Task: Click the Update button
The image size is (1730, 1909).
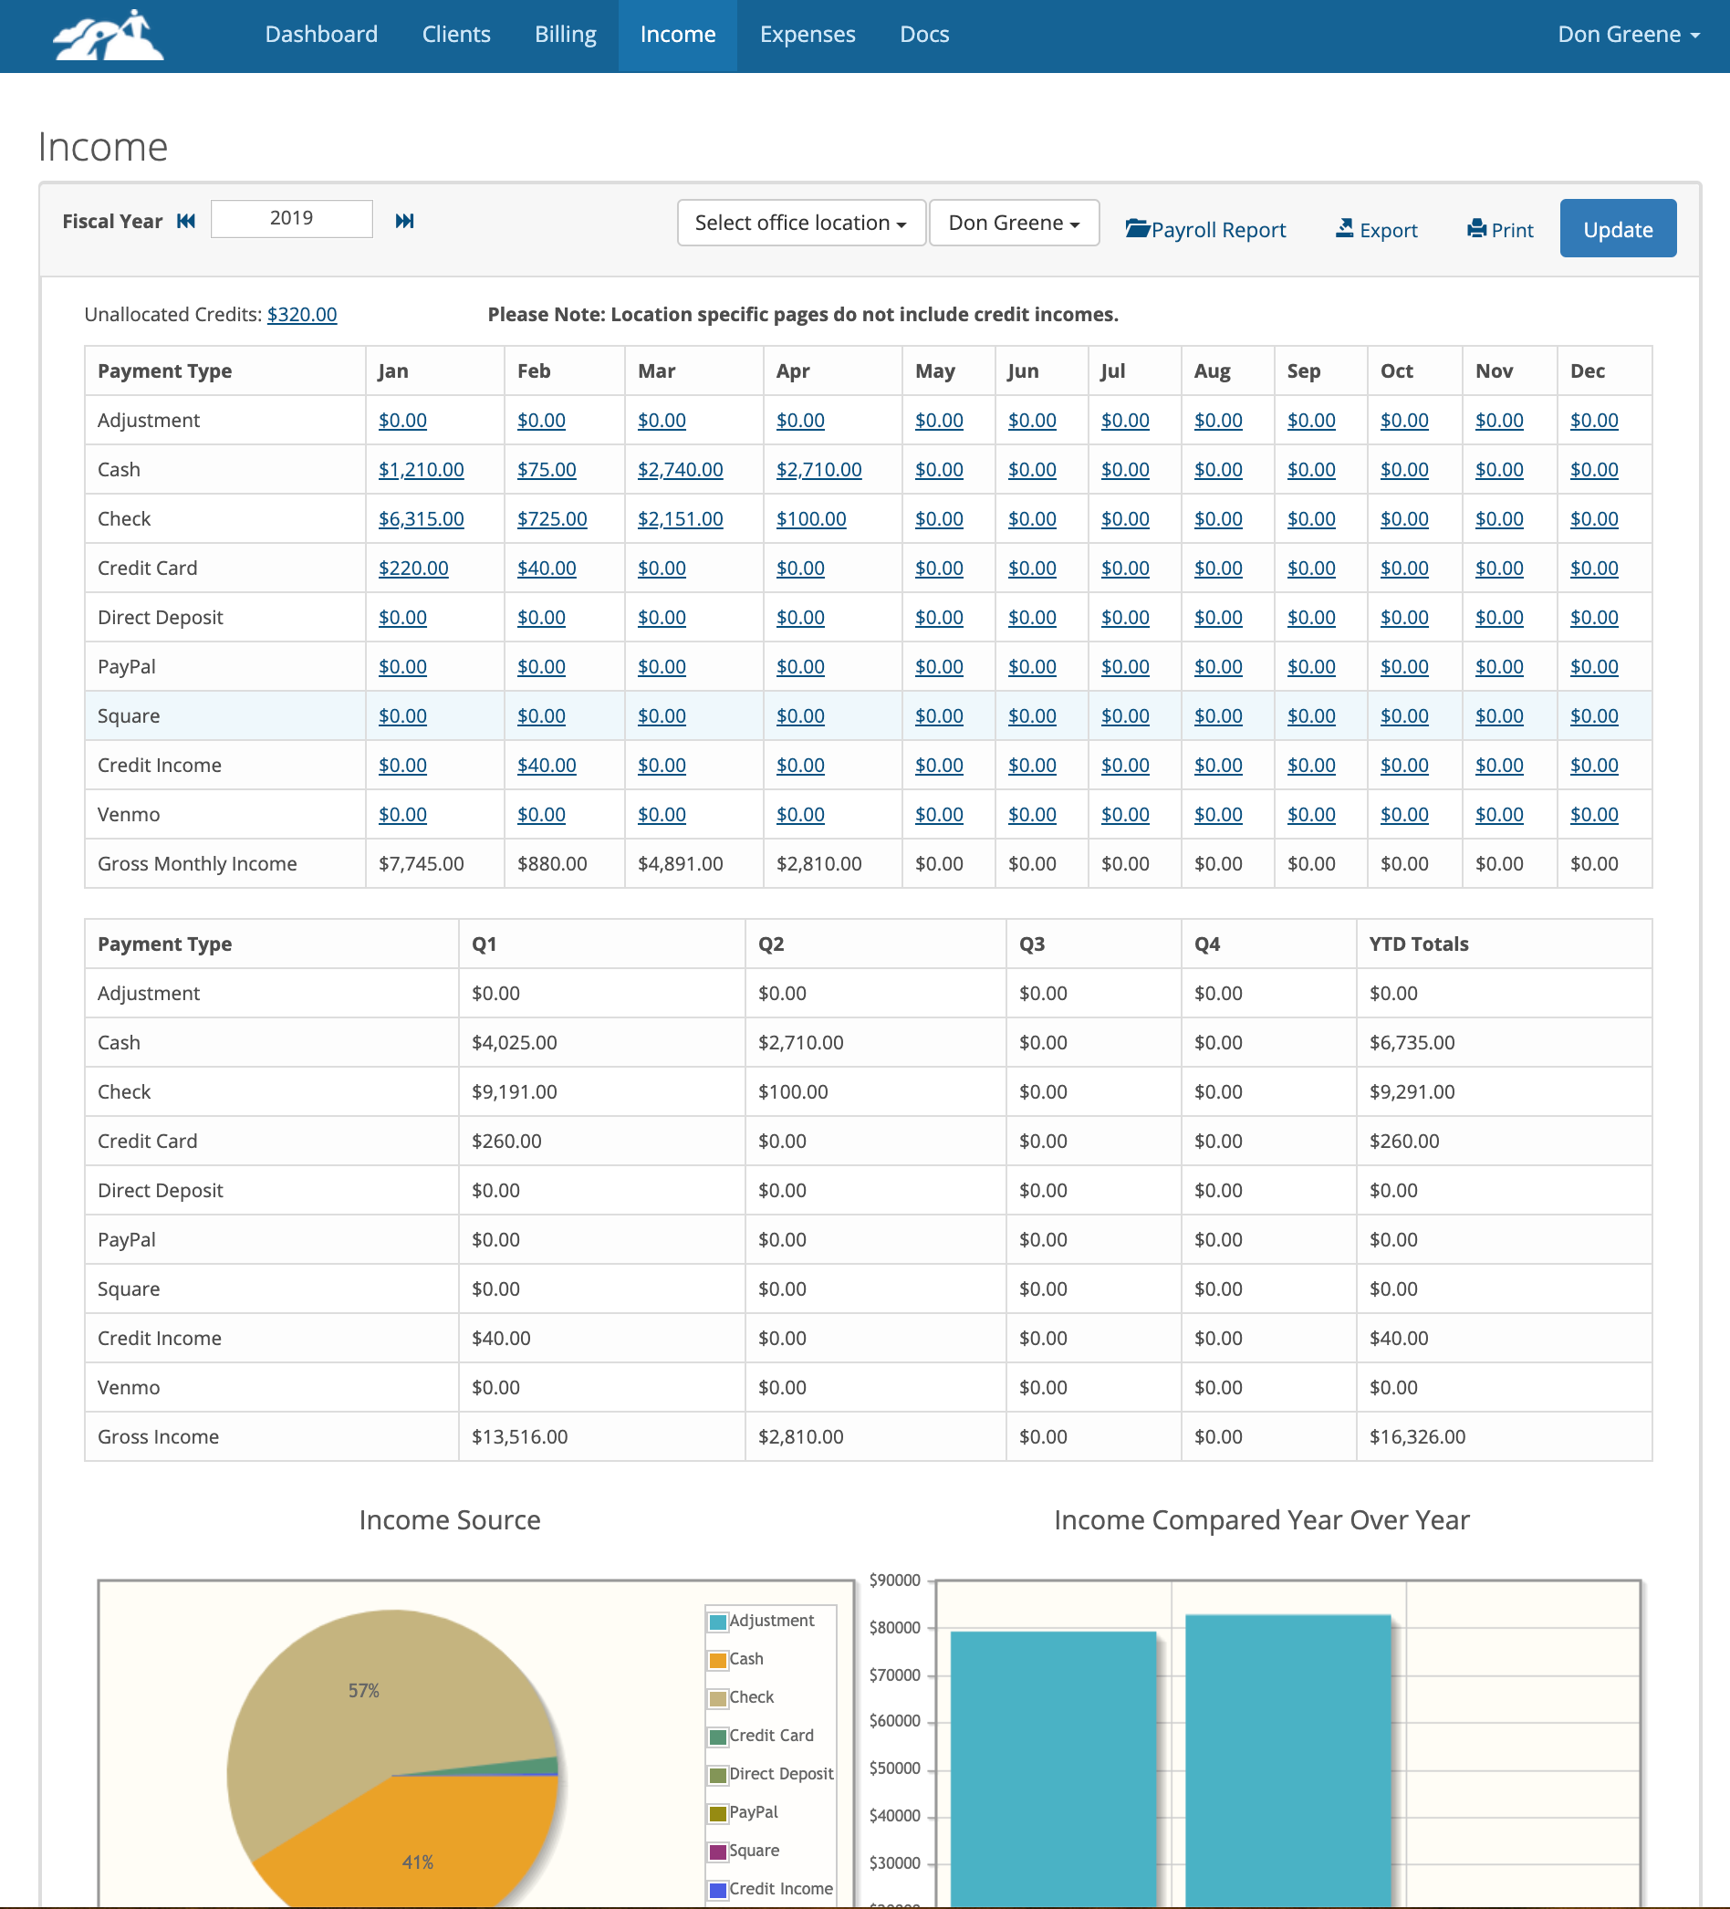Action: pyautogui.click(x=1618, y=228)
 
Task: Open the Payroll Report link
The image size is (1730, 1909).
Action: pyautogui.click(x=1205, y=230)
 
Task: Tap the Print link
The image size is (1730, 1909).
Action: pyautogui.click(x=1500, y=230)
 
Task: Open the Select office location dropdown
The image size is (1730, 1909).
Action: pyautogui.click(x=800, y=224)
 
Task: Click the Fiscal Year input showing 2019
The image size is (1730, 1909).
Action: pyautogui.click(x=291, y=219)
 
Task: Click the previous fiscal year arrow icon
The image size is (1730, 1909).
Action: pyautogui.click(x=186, y=222)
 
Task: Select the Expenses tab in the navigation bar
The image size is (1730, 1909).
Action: pyautogui.click(x=807, y=35)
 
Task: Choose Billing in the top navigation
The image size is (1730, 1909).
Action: pyautogui.click(x=566, y=35)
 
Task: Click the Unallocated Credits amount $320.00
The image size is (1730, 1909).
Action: pyautogui.click(x=301, y=315)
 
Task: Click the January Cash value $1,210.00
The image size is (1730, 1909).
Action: pyautogui.click(x=421, y=470)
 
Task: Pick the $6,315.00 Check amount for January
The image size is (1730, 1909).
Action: pyautogui.click(x=421, y=519)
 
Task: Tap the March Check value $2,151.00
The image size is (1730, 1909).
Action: pyautogui.click(x=679, y=519)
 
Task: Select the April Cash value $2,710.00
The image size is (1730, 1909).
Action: pyautogui.click(x=818, y=470)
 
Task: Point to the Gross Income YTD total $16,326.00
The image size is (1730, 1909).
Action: pyautogui.click(x=1416, y=1436)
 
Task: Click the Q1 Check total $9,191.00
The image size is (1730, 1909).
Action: pyautogui.click(x=515, y=1091)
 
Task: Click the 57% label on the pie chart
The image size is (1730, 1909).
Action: pyautogui.click(x=364, y=1690)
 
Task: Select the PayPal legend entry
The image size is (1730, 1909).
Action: pyautogui.click(x=753, y=1811)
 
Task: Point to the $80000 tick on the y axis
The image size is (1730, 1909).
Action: pyautogui.click(x=894, y=1628)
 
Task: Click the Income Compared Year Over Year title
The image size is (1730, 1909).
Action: pyautogui.click(x=1261, y=1520)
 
